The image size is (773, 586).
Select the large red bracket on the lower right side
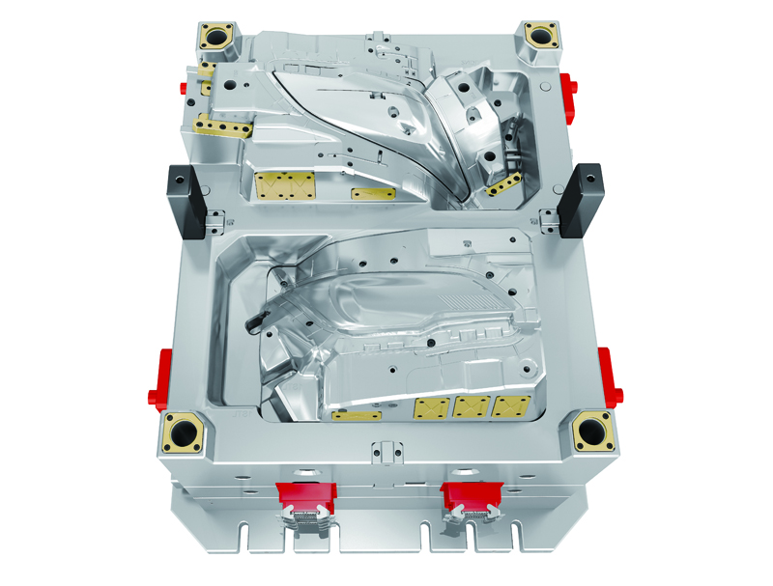[x=610, y=377]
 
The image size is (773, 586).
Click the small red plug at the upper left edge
[x=184, y=86]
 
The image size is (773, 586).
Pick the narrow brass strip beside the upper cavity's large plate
[x=373, y=194]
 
